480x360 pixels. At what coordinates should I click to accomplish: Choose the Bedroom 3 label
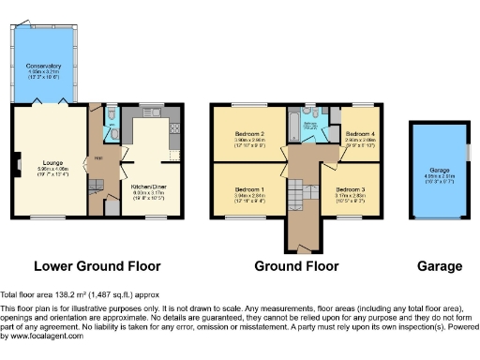tap(352, 188)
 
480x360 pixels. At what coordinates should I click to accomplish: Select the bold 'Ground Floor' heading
tap(296, 265)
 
